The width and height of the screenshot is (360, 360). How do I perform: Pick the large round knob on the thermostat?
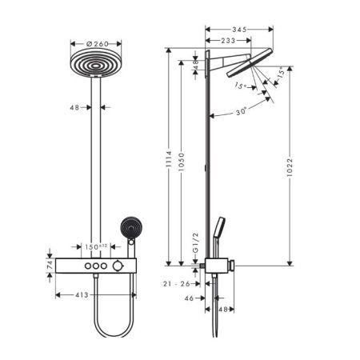pyautogui.click(x=118, y=265)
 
